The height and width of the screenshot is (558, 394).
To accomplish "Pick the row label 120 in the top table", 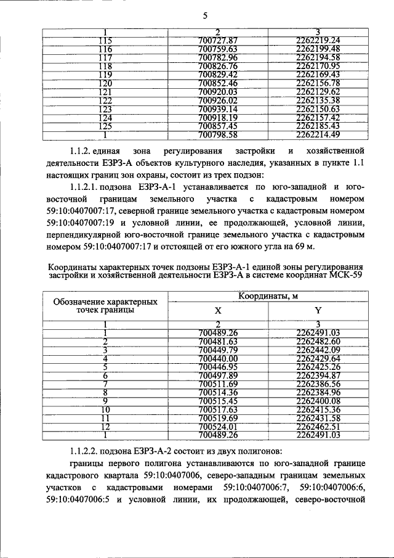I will tap(106, 83).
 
